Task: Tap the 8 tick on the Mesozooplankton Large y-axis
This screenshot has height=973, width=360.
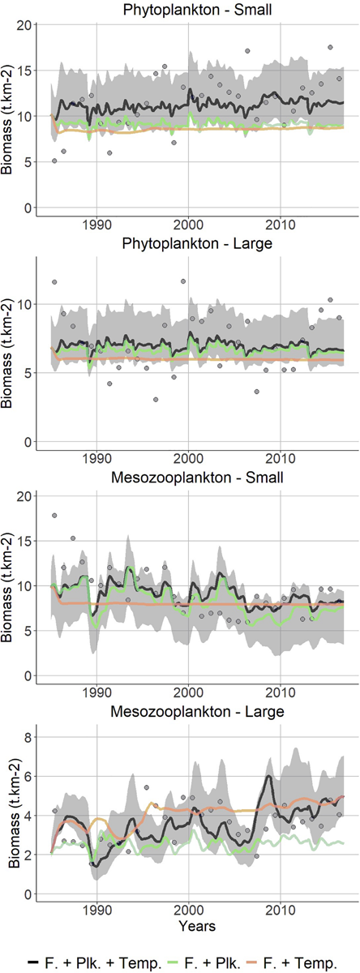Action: pyautogui.click(x=28, y=737)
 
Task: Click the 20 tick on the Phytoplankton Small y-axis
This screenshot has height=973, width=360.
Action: pyautogui.click(x=24, y=25)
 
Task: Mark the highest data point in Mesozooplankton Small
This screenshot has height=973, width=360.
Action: pyautogui.click(x=54, y=516)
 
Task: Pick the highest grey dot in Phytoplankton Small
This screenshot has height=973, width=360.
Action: pyautogui.click(x=330, y=48)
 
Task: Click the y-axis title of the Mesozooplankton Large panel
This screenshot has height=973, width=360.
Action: pyautogui.click(x=9, y=811)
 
